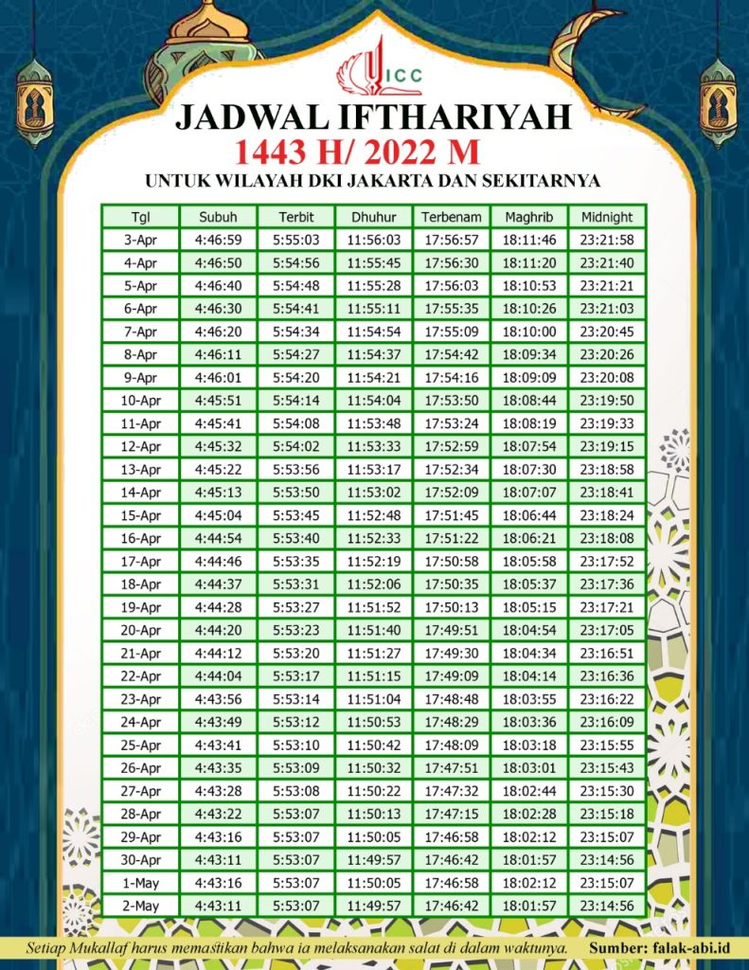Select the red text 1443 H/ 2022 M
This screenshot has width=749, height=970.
coord(374,152)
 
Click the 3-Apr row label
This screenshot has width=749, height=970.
coord(140,240)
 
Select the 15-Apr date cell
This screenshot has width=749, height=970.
coord(140,515)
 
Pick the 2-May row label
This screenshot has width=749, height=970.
coord(140,906)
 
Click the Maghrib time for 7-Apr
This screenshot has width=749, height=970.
coord(529,332)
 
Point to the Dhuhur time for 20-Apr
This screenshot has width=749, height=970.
coord(374,630)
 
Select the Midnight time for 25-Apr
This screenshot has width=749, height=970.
coord(607,745)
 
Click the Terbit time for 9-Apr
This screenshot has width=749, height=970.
coord(295,377)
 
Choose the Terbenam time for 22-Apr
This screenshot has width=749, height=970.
coord(452,676)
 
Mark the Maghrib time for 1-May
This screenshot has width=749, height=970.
coord(529,883)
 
